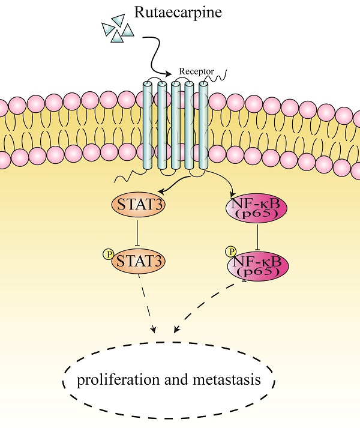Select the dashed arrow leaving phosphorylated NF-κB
pyautogui.click(x=204, y=306)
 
